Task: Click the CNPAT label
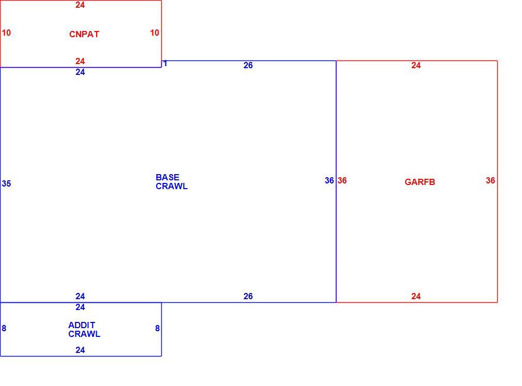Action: (x=84, y=34)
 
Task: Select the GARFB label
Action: (x=420, y=182)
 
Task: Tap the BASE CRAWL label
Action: (x=172, y=182)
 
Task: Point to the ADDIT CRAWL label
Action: (x=84, y=330)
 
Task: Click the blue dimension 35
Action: (x=6, y=183)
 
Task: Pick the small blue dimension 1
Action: (x=165, y=63)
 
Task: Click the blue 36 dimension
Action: (x=329, y=180)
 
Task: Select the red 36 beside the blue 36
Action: (x=342, y=180)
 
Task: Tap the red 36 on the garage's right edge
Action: (x=490, y=180)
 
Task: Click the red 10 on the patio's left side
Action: (x=6, y=33)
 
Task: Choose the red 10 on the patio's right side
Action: (x=155, y=33)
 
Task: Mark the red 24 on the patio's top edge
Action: (x=80, y=5)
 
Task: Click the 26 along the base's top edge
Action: (x=248, y=65)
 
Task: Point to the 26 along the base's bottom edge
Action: (x=248, y=296)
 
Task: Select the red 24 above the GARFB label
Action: (x=416, y=65)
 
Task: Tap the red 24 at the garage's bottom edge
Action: (x=416, y=296)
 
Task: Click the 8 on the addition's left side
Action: (x=4, y=329)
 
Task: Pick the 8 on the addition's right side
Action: (x=158, y=329)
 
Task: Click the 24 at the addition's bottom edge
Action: (x=80, y=350)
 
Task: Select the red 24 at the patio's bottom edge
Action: (x=80, y=61)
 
